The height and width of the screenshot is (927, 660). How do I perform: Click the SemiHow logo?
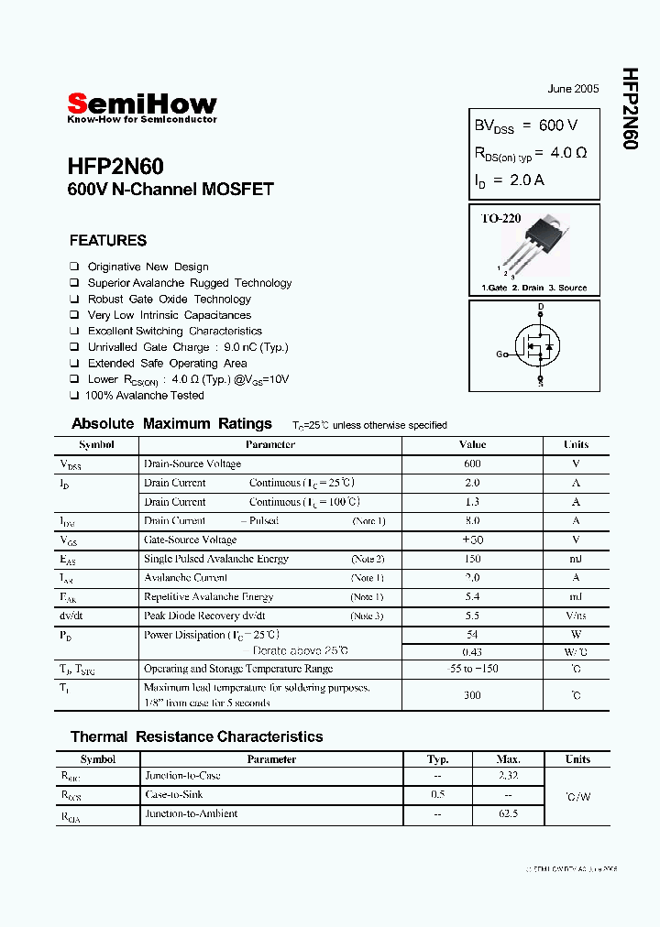(142, 105)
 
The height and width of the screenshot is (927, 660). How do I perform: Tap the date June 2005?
(573, 89)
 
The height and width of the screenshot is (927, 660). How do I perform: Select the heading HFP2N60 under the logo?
(115, 167)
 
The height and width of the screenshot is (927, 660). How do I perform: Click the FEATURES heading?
(108, 241)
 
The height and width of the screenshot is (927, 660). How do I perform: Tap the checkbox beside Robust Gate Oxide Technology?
(74, 300)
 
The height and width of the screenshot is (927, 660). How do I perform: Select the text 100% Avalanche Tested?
(144, 396)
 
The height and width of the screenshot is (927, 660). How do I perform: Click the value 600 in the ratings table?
(472, 463)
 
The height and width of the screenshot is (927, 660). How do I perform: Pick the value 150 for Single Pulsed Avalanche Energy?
(472, 559)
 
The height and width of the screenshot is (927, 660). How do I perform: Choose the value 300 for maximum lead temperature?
(472, 695)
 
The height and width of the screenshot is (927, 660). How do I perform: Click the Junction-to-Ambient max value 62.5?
(508, 813)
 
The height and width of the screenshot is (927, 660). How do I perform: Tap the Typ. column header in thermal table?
(438, 759)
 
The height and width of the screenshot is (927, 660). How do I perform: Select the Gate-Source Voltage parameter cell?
(190, 540)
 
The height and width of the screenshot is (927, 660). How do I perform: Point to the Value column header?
(472, 444)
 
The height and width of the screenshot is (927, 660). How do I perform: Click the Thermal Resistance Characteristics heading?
(196, 736)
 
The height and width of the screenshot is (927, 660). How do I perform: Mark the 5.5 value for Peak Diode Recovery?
(472, 616)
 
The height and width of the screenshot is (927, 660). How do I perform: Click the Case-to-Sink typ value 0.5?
(438, 795)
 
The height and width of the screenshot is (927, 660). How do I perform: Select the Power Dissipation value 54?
(472, 635)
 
